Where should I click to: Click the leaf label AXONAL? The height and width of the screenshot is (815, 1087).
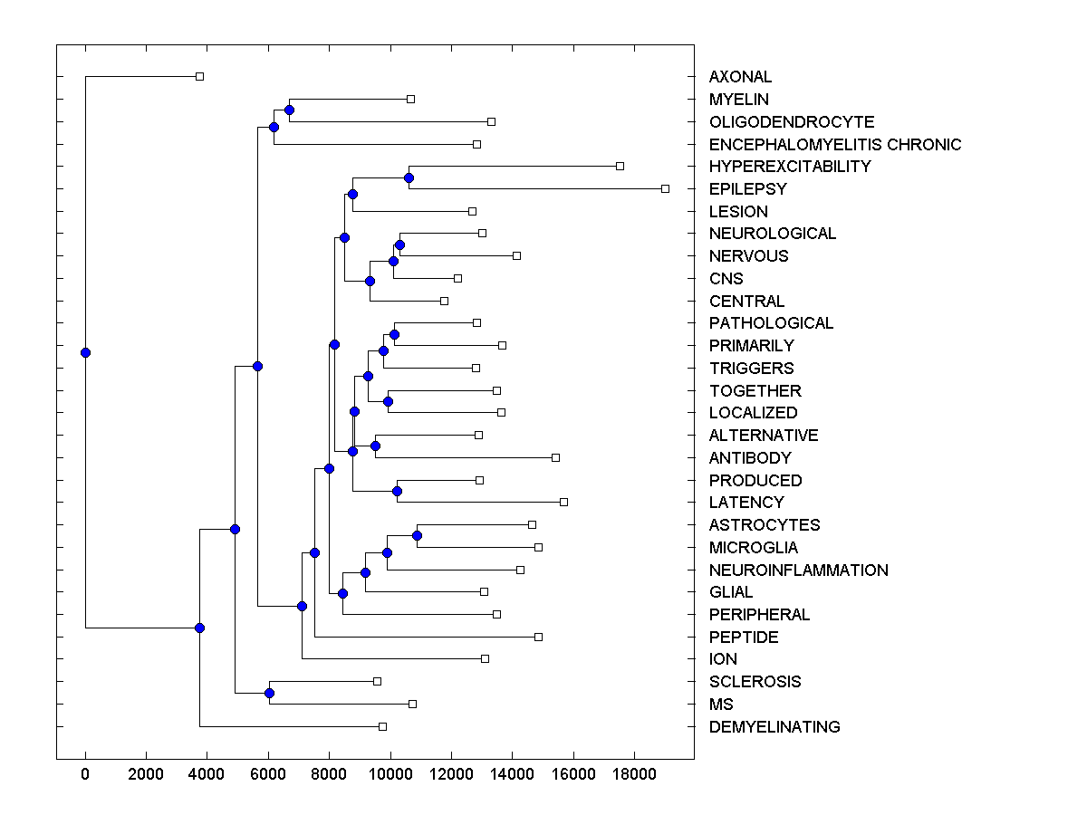(x=740, y=77)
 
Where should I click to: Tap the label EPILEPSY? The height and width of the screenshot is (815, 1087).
(x=747, y=189)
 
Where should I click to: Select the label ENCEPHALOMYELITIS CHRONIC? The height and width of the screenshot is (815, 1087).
(x=834, y=144)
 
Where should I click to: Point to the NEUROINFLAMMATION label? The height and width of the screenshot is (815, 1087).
(x=798, y=570)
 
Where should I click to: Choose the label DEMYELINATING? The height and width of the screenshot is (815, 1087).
(x=774, y=726)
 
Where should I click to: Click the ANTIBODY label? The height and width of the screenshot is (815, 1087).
(x=750, y=457)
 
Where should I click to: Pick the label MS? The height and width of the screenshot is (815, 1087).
(x=721, y=704)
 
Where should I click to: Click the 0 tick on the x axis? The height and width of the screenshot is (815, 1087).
(x=85, y=774)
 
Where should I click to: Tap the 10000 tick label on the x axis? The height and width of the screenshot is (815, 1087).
(x=390, y=774)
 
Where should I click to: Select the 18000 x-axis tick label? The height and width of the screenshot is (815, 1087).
(x=633, y=774)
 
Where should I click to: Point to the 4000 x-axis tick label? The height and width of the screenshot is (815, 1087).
(x=207, y=774)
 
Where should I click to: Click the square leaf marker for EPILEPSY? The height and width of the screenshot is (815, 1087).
(x=665, y=188)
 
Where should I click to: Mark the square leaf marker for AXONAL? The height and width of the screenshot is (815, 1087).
(x=199, y=76)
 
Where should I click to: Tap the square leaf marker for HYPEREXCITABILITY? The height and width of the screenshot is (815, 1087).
(x=620, y=166)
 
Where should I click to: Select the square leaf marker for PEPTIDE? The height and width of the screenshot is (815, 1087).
(x=538, y=637)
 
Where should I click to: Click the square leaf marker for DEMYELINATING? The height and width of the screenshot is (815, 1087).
(x=382, y=726)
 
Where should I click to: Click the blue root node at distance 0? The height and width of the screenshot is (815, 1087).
(x=85, y=352)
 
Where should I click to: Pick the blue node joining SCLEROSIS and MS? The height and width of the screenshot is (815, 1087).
(x=269, y=693)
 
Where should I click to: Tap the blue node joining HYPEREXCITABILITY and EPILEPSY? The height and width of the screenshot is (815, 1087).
(x=409, y=177)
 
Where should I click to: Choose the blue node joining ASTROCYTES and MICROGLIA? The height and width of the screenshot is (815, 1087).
(x=417, y=535)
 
